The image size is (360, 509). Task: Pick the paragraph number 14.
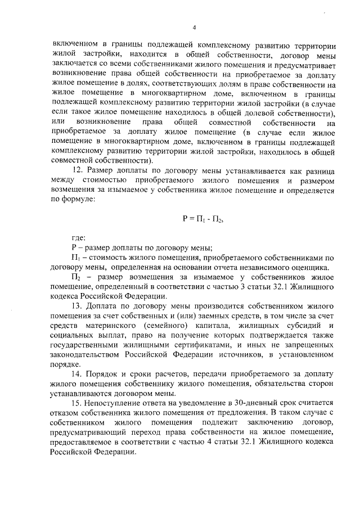pyautogui.click(x=79, y=374)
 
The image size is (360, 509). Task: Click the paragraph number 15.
pyautogui.click(x=79, y=403)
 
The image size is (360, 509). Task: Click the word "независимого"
pyautogui.click(x=264, y=267)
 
